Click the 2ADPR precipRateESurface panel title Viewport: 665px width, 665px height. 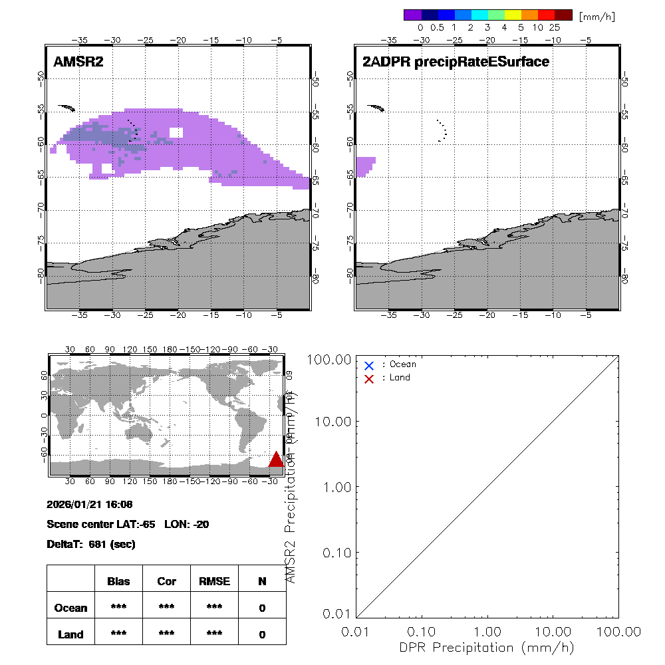[456, 62]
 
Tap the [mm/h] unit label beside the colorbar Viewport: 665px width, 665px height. [597, 16]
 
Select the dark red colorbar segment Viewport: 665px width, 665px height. [563, 15]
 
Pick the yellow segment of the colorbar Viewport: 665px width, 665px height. [513, 15]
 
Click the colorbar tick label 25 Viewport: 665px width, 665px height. [555, 28]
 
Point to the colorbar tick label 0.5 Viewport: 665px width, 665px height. [437, 28]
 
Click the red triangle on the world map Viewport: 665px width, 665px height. [276, 459]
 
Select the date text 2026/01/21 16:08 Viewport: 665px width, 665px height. [90, 504]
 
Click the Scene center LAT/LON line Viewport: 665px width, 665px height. [128, 524]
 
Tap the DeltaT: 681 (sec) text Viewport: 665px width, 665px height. [91, 544]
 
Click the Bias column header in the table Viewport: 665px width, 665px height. [118, 581]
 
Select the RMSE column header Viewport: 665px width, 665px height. [214, 581]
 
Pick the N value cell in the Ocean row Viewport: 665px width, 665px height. [262, 608]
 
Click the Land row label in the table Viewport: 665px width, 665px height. [70, 634]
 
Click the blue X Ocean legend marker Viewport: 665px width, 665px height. [369, 365]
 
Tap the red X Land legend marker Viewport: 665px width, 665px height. [369, 378]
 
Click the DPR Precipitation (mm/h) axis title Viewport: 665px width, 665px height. [486, 647]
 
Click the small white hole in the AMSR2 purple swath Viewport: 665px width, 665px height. [176, 132]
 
